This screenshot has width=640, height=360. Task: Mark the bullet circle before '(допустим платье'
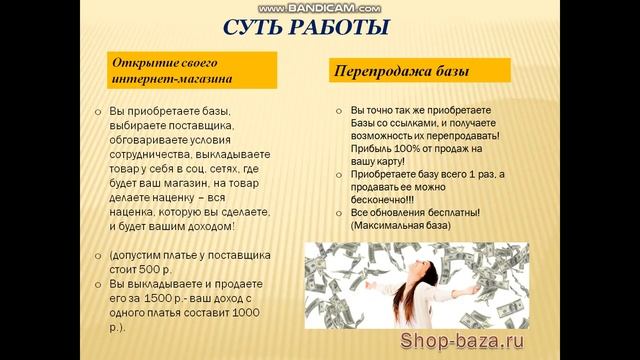tap(98, 256)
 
